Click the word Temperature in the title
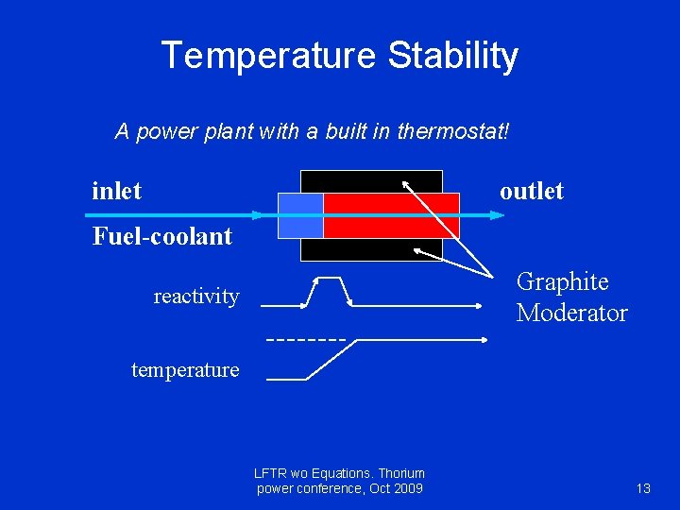269,56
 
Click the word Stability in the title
453,56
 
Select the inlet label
116,191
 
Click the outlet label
531,191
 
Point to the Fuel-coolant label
161,236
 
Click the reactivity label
196,297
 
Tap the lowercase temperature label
185,370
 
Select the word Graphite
562,281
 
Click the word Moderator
571,314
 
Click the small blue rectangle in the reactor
300,215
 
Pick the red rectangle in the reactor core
391,215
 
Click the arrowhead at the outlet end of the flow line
499,215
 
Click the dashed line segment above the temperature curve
307,338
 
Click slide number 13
643,488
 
